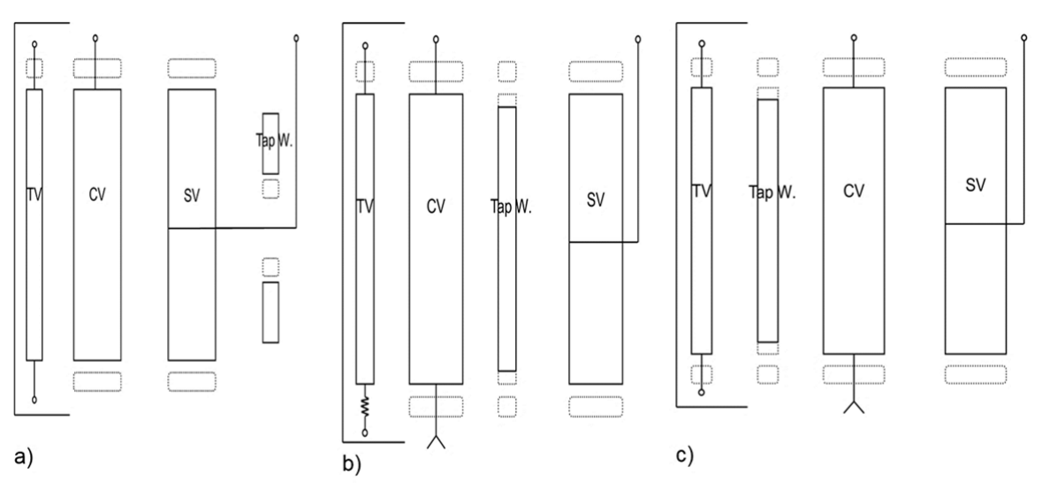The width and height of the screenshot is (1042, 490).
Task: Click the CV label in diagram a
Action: pos(97,195)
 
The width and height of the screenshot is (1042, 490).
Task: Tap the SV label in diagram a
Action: pos(190,195)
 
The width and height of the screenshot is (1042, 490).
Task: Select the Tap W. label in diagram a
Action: pos(270,140)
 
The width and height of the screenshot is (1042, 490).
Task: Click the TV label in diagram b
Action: pos(364,207)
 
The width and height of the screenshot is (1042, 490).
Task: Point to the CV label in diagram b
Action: pos(435,207)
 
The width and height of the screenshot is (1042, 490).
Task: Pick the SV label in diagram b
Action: pos(596,200)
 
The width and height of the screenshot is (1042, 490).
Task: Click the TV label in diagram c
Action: pos(702,190)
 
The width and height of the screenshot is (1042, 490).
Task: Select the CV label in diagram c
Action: pos(853,190)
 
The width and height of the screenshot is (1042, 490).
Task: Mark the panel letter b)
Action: pos(352,463)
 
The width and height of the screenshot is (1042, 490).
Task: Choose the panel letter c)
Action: pos(686,456)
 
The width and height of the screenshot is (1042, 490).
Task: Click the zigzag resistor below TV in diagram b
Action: pos(364,409)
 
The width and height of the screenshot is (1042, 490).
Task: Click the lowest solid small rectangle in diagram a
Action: pos(270,312)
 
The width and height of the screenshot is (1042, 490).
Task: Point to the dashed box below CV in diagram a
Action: pos(97,381)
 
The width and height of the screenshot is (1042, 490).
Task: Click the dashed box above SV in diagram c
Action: pos(975,68)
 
